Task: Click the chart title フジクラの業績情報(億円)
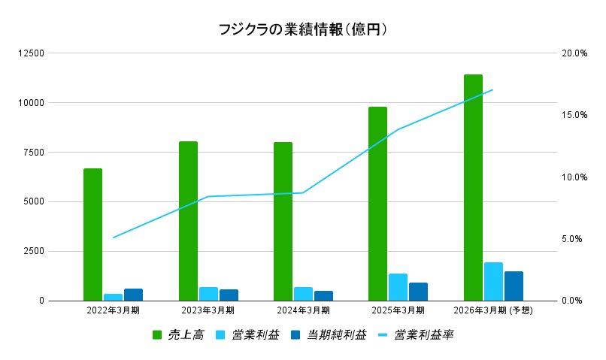coord(302,30)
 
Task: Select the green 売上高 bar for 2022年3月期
coord(92,234)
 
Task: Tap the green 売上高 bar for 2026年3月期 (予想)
coord(473,188)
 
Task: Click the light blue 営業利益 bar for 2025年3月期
coord(398,287)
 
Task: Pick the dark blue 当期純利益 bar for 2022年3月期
coord(133,295)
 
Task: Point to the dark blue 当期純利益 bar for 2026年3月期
coord(514,286)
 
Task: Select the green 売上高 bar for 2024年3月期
coord(283,222)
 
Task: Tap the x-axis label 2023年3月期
coord(208,310)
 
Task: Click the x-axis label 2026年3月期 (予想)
coord(493,310)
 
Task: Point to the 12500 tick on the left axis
coord(32,53)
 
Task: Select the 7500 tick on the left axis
coord(34,152)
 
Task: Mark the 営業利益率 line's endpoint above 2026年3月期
coord(492,89)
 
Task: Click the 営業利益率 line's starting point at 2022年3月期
coord(113,237)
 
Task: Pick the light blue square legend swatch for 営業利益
coord(220,334)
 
